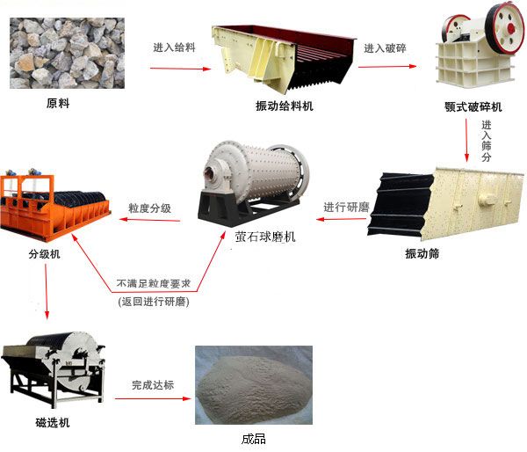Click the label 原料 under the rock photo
pyautogui.click(x=58, y=103)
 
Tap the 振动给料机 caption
pyautogui.click(x=285, y=106)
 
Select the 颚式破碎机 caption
pyautogui.click(x=473, y=107)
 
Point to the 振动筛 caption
pyautogui.click(x=422, y=253)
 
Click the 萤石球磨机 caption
pyautogui.click(x=265, y=237)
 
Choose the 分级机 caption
pyautogui.click(x=45, y=253)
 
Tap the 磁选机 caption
pyautogui.click(x=53, y=422)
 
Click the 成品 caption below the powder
pyautogui.click(x=254, y=439)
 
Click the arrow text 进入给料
pyautogui.click(x=174, y=47)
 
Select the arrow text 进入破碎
pyautogui.click(x=386, y=48)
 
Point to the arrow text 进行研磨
pyautogui.click(x=346, y=207)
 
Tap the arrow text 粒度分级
pyautogui.click(x=150, y=208)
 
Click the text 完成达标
pyautogui.click(x=153, y=384)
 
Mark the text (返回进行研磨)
pyautogui.click(x=154, y=302)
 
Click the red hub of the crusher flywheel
pyautogui.click(x=511, y=27)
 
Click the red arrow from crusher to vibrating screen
pyautogui.click(x=466, y=140)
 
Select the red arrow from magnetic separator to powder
pyautogui.click(x=153, y=398)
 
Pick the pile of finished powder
pyautogui.click(x=254, y=386)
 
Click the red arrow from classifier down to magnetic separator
pyautogui.click(x=47, y=291)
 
